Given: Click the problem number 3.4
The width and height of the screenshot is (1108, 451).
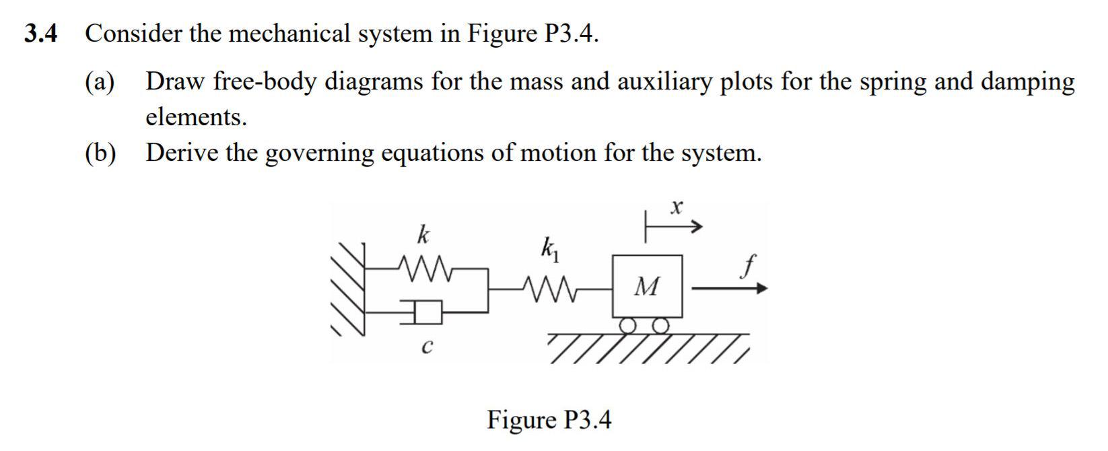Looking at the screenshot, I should (40, 34).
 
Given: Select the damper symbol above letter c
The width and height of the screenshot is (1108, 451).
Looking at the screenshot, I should (425, 311).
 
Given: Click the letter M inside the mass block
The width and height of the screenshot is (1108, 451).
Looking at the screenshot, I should (647, 287).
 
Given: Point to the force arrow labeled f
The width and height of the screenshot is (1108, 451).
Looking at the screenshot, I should (729, 289).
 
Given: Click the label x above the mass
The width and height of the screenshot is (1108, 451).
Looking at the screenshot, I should (677, 207).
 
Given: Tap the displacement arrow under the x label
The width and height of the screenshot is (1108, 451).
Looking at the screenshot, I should (674, 228).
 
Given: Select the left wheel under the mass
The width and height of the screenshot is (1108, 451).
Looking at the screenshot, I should (628, 326).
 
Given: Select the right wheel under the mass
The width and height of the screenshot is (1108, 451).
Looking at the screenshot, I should (661, 326).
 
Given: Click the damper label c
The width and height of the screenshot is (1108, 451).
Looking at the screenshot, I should (425, 348).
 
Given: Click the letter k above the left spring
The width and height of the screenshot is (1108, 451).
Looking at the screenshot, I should (423, 236).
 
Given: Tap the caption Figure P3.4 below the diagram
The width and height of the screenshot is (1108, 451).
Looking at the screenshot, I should (549, 419).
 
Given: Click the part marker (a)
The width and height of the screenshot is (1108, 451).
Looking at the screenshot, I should (100, 82).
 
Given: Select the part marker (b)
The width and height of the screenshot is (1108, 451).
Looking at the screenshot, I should (100, 153).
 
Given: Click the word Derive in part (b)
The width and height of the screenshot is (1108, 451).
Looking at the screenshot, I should (182, 153).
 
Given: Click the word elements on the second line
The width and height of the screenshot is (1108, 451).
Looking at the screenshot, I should (196, 118).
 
